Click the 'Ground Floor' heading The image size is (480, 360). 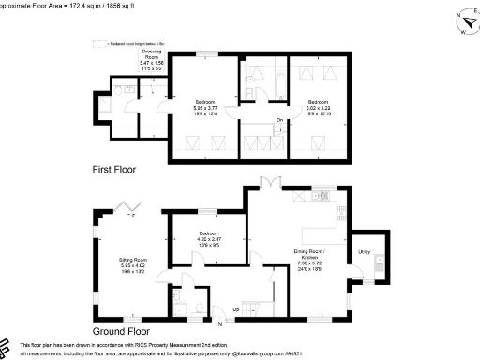click(x=122, y=331)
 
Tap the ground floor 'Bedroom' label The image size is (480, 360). click(x=208, y=232)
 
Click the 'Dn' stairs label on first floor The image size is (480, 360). click(x=279, y=119)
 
